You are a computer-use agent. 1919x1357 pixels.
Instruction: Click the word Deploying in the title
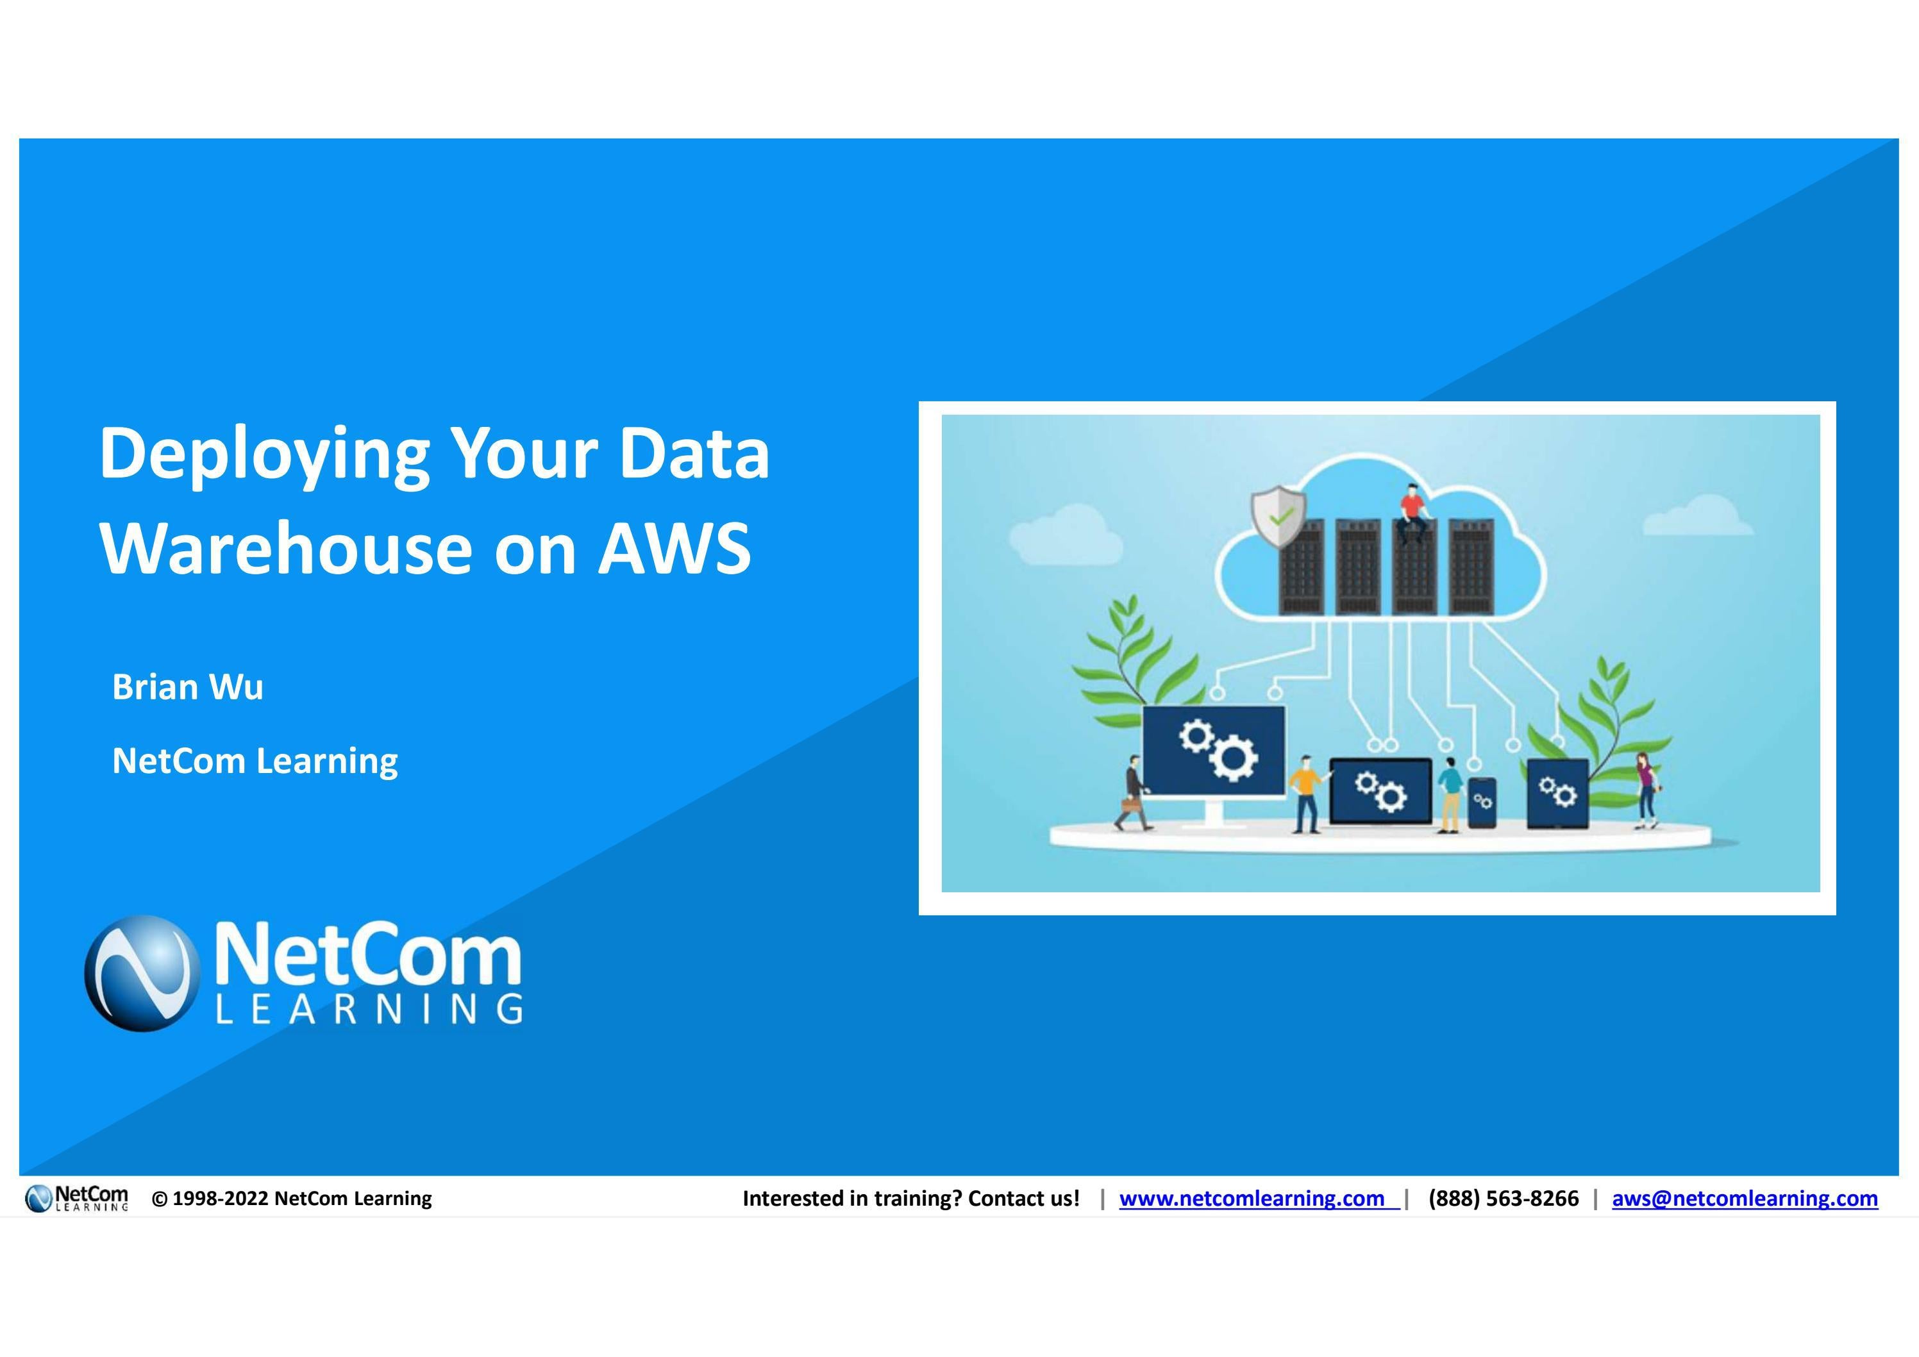click(264, 455)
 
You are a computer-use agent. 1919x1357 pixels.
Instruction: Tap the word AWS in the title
click(675, 549)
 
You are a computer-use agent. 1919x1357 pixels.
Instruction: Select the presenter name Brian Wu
click(188, 687)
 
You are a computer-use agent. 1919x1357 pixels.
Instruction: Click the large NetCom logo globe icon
click(143, 974)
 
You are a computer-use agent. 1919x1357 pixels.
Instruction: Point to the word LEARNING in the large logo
click(369, 1010)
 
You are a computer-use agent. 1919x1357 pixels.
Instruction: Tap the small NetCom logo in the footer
click(77, 1198)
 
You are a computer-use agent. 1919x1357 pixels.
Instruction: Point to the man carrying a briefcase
click(1134, 794)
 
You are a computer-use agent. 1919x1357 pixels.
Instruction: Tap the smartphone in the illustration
click(1483, 803)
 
